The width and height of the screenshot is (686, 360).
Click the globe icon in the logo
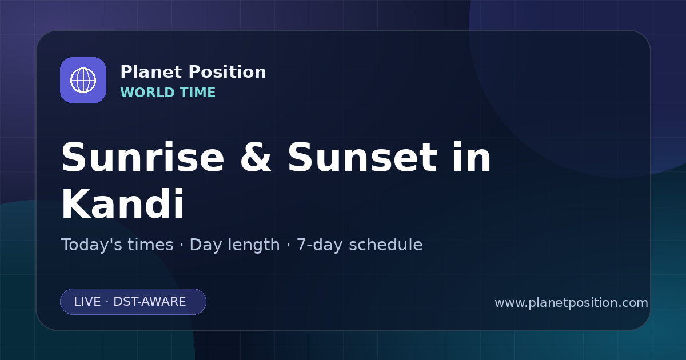(x=83, y=80)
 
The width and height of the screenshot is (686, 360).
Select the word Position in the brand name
(x=228, y=71)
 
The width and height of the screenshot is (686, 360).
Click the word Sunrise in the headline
(x=143, y=157)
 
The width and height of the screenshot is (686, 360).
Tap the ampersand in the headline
(x=256, y=157)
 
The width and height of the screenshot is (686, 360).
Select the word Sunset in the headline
(x=362, y=157)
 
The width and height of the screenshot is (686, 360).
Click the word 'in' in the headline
(x=472, y=157)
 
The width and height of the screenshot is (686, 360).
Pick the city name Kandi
(x=123, y=203)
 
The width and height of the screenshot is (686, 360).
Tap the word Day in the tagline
(x=206, y=246)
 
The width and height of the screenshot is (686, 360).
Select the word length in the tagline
(x=253, y=246)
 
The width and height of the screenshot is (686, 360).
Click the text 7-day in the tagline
(x=320, y=246)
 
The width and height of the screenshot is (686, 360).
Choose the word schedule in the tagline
(x=386, y=245)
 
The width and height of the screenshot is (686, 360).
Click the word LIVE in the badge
(x=87, y=302)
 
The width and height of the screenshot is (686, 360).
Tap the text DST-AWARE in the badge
(x=150, y=302)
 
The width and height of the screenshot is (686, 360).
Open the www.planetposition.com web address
(x=572, y=303)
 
